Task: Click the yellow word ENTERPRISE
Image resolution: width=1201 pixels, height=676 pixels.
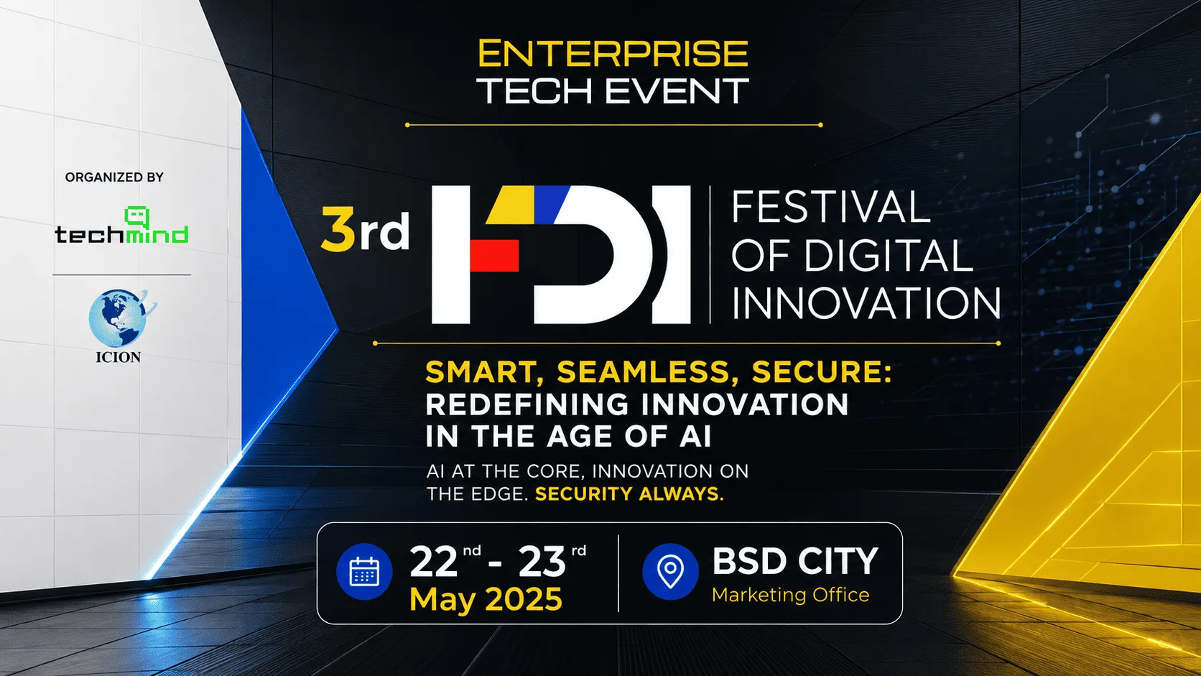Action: point(612,53)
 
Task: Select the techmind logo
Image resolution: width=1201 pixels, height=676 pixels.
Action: point(121,226)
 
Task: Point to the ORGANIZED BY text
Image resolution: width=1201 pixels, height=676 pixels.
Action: point(114,177)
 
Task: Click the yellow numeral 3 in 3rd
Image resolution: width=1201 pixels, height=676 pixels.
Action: point(338,229)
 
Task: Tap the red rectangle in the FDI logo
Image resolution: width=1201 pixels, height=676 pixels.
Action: point(493,255)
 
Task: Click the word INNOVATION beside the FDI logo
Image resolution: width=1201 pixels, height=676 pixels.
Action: point(866,303)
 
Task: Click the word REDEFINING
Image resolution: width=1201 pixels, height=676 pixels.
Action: point(527,404)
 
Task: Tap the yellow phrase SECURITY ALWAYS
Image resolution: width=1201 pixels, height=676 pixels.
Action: point(629,494)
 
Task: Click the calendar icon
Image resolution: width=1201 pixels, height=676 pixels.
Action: point(364,571)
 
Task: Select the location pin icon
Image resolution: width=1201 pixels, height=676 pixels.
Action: point(670,571)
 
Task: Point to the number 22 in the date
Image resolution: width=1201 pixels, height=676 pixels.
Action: point(433,562)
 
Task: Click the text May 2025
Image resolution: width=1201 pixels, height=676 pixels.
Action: point(486,599)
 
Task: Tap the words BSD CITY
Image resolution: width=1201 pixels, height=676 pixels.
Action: point(794,561)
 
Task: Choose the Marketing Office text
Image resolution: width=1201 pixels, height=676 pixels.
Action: point(790,595)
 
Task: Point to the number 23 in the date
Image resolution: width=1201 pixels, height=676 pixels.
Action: point(542,562)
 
